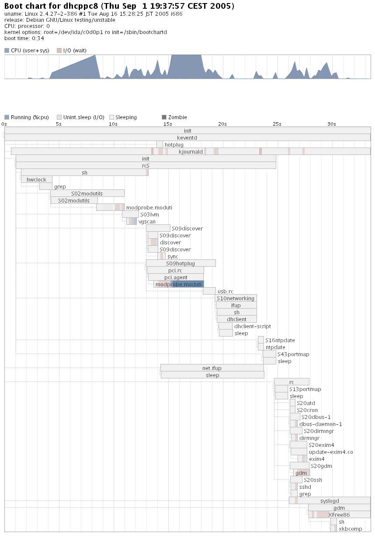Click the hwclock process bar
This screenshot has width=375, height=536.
coord(36,179)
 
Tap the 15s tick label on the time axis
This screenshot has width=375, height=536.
coord(168,124)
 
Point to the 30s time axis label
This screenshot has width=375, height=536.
coord(332,124)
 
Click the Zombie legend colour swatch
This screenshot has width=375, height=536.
coord(164,117)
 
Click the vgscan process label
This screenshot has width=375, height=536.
coord(147,222)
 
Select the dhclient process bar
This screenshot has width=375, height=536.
coord(237,319)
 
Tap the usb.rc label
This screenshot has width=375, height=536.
coord(226,291)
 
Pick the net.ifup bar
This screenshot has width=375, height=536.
coord(212,368)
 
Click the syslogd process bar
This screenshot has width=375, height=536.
coord(330,501)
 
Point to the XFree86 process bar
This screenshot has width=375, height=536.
coord(339,515)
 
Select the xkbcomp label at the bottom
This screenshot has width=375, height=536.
coord(351,529)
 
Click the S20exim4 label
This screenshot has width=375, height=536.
coord(321,445)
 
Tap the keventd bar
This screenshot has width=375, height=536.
coord(187,137)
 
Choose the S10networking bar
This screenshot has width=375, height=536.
coord(236,298)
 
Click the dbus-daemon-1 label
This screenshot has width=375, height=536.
coord(321,424)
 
